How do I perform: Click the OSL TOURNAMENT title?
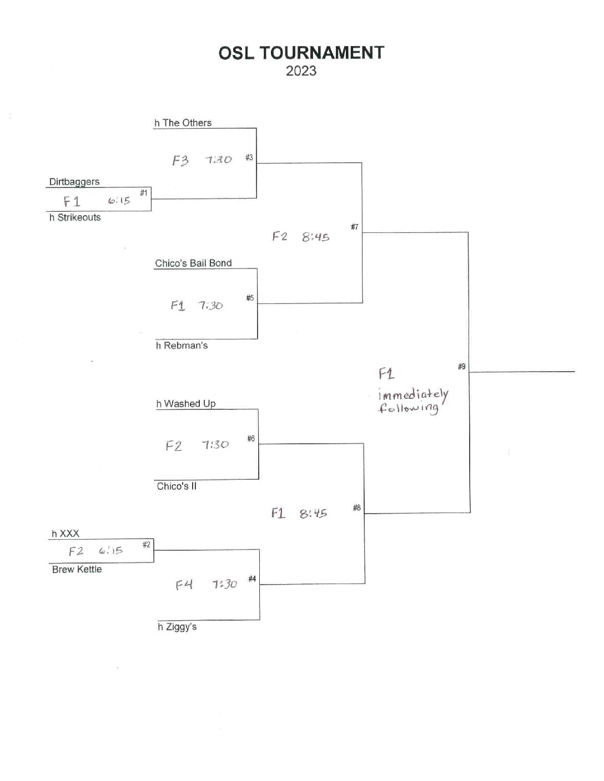pyautogui.click(x=301, y=53)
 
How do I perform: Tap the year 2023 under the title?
pyautogui.click(x=301, y=71)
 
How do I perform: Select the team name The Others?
pyautogui.click(x=187, y=123)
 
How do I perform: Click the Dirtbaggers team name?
pyautogui.click(x=74, y=182)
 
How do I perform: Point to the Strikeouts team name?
pyautogui.click(x=79, y=217)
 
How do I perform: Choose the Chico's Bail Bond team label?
pyautogui.click(x=193, y=263)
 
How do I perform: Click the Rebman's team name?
pyautogui.click(x=185, y=346)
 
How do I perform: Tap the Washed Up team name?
pyautogui.click(x=189, y=404)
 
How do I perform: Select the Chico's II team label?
pyautogui.click(x=177, y=486)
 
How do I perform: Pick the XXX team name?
pyautogui.click(x=69, y=534)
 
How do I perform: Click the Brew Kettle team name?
pyautogui.click(x=77, y=570)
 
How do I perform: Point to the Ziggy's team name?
pyautogui.click(x=180, y=627)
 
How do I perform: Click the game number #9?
pyautogui.click(x=461, y=367)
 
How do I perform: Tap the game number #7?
pyautogui.click(x=354, y=227)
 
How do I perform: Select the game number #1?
pyautogui.click(x=143, y=193)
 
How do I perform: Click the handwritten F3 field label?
pyautogui.click(x=180, y=161)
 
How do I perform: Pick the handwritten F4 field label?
pyautogui.click(x=184, y=585)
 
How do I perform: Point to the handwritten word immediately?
pyautogui.click(x=413, y=394)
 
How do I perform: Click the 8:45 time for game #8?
pyautogui.click(x=313, y=514)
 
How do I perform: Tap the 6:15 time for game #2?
pyautogui.click(x=110, y=551)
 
